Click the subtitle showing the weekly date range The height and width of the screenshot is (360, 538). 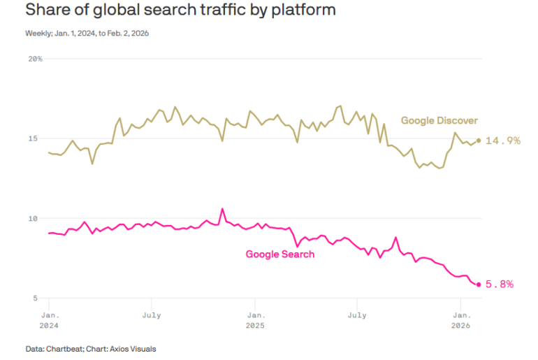[87, 33]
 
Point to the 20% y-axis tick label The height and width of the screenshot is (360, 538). [35, 59]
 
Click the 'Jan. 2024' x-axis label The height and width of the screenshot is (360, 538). [49, 320]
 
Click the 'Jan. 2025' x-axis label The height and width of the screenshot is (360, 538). [255, 320]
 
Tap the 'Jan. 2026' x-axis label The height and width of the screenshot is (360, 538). [460, 320]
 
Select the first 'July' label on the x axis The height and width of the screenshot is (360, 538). [152, 315]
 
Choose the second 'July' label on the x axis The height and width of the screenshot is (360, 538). [357, 315]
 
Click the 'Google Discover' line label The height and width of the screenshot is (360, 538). [439, 120]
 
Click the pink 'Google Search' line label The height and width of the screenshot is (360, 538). [279, 254]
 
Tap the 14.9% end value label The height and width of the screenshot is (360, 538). [503, 141]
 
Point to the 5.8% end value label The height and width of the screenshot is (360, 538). [500, 284]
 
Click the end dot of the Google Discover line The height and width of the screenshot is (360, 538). [479, 140]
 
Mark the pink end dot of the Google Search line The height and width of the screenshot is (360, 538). [479, 284]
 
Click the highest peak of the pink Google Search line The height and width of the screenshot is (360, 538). [222, 208]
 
